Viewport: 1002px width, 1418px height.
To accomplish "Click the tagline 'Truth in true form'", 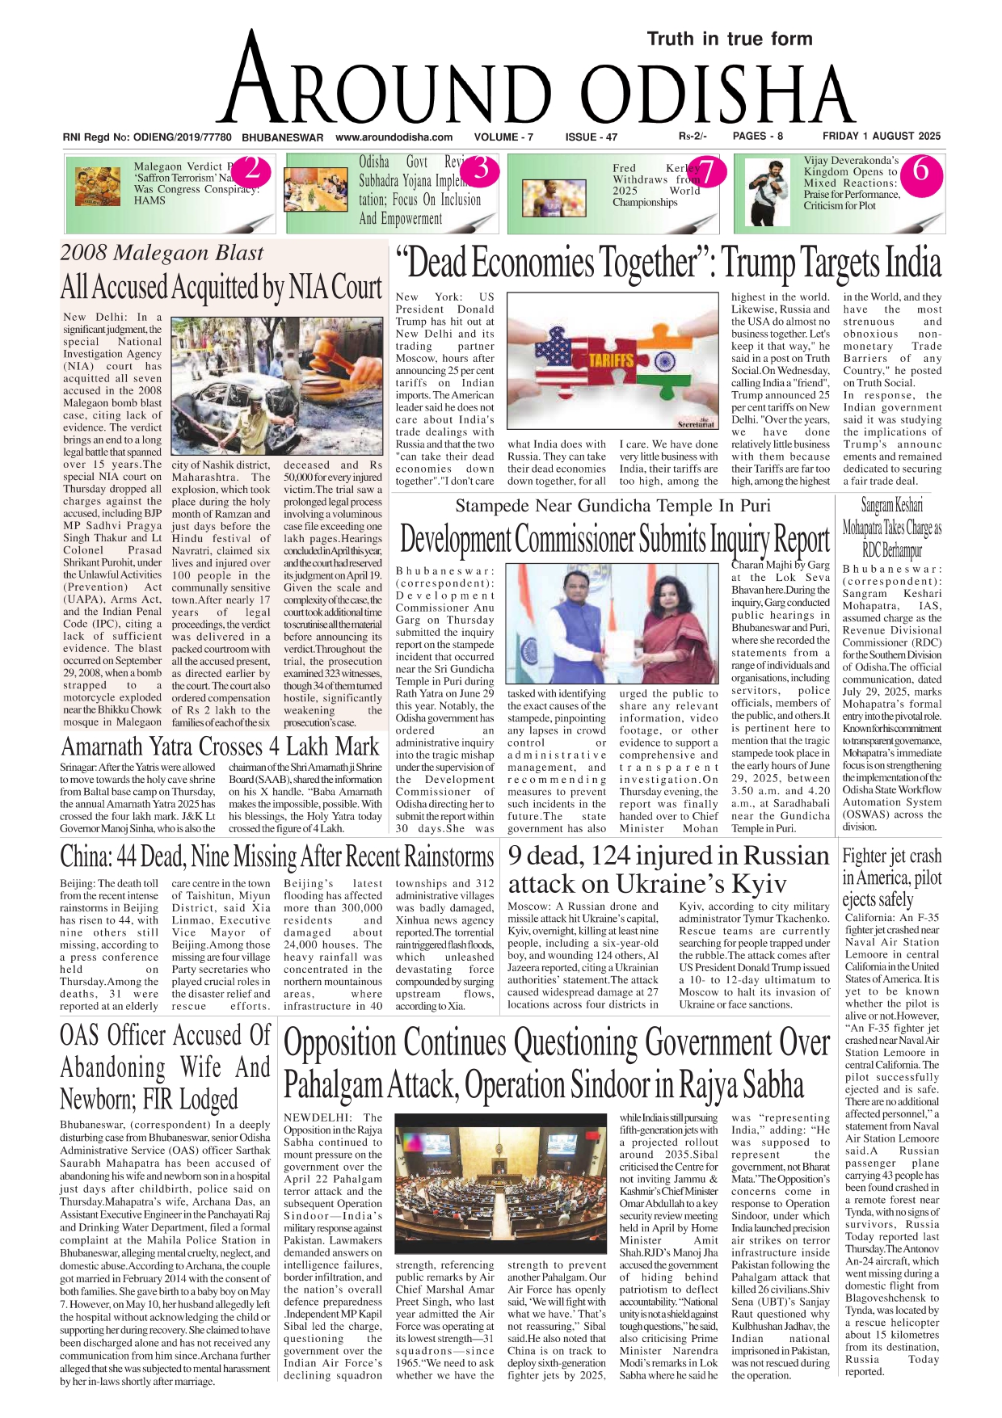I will pyautogui.click(x=729, y=39).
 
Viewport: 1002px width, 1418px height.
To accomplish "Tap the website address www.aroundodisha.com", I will pyautogui.click(x=394, y=137).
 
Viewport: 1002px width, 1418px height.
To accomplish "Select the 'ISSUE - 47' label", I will pyautogui.click(x=591, y=137).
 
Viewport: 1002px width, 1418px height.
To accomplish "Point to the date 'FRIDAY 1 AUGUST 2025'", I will pyautogui.click(x=882, y=137).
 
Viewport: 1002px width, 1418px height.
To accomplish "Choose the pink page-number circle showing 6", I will pyautogui.click(x=920, y=171).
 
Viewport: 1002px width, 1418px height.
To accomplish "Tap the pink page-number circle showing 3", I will pyautogui.click(x=482, y=170).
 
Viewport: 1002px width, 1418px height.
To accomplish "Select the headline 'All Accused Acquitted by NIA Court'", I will pyautogui.click(x=221, y=287).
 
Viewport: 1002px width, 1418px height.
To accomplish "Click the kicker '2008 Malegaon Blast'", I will pyautogui.click(x=162, y=253).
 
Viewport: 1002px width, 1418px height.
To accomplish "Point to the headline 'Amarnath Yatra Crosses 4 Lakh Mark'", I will pyautogui.click(x=220, y=746).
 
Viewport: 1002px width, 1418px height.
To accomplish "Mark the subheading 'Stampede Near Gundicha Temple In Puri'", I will pyautogui.click(x=613, y=506).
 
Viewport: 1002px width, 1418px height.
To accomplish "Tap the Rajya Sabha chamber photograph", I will pyautogui.click(x=500, y=1184).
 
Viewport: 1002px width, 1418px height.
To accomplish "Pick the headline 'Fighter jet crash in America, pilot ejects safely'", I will pyautogui.click(x=891, y=877).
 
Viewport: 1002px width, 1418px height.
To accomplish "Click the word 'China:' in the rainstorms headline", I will pyautogui.click(x=86, y=856).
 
